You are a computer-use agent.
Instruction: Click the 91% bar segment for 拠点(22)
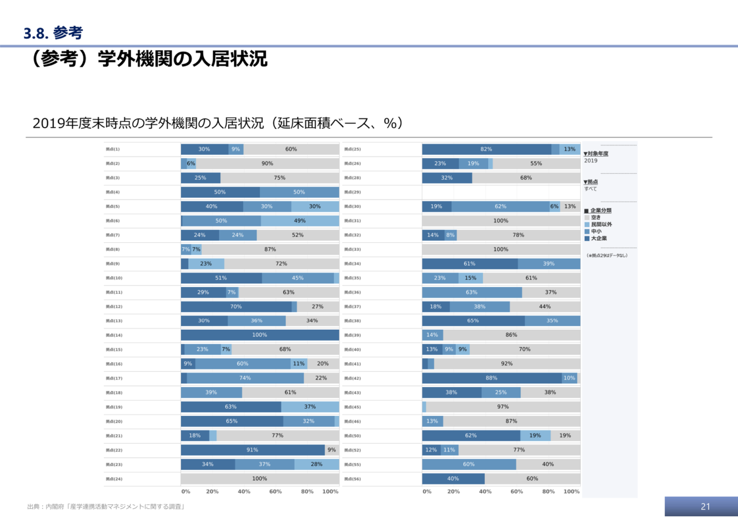click(253, 450)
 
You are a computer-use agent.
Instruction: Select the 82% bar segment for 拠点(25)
click(486, 149)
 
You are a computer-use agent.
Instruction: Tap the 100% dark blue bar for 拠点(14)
click(260, 335)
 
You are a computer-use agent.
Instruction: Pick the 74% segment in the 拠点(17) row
click(245, 378)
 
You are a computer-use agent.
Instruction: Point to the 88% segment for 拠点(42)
click(492, 378)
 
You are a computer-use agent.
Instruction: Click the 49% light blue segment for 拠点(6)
click(300, 221)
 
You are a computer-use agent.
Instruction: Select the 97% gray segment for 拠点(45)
click(503, 407)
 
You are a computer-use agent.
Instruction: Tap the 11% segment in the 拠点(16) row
click(298, 364)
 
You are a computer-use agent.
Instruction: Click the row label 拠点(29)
click(352, 192)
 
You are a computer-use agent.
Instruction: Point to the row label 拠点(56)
click(352, 479)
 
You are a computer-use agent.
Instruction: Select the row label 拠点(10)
click(114, 278)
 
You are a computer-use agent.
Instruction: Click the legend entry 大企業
click(598, 238)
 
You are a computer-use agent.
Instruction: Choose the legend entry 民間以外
click(601, 224)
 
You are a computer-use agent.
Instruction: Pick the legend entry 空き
click(595, 218)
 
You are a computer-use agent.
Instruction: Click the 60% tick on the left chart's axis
click(275, 492)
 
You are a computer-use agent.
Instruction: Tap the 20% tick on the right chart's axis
click(453, 492)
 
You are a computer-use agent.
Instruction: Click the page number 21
click(705, 507)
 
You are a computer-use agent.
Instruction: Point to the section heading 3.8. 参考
click(53, 33)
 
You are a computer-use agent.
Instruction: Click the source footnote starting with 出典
click(106, 507)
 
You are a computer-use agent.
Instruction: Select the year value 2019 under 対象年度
click(590, 161)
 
